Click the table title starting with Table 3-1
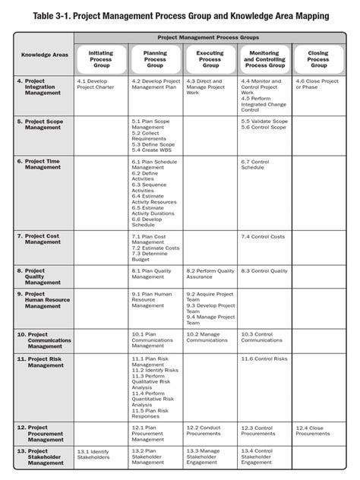click(x=180, y=14)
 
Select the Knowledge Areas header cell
click(x=44, y=55)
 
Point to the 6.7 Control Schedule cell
click(x=257, y=165)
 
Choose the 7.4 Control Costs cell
click(x=262, y=237)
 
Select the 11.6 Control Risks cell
click(x=264, y=358)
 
